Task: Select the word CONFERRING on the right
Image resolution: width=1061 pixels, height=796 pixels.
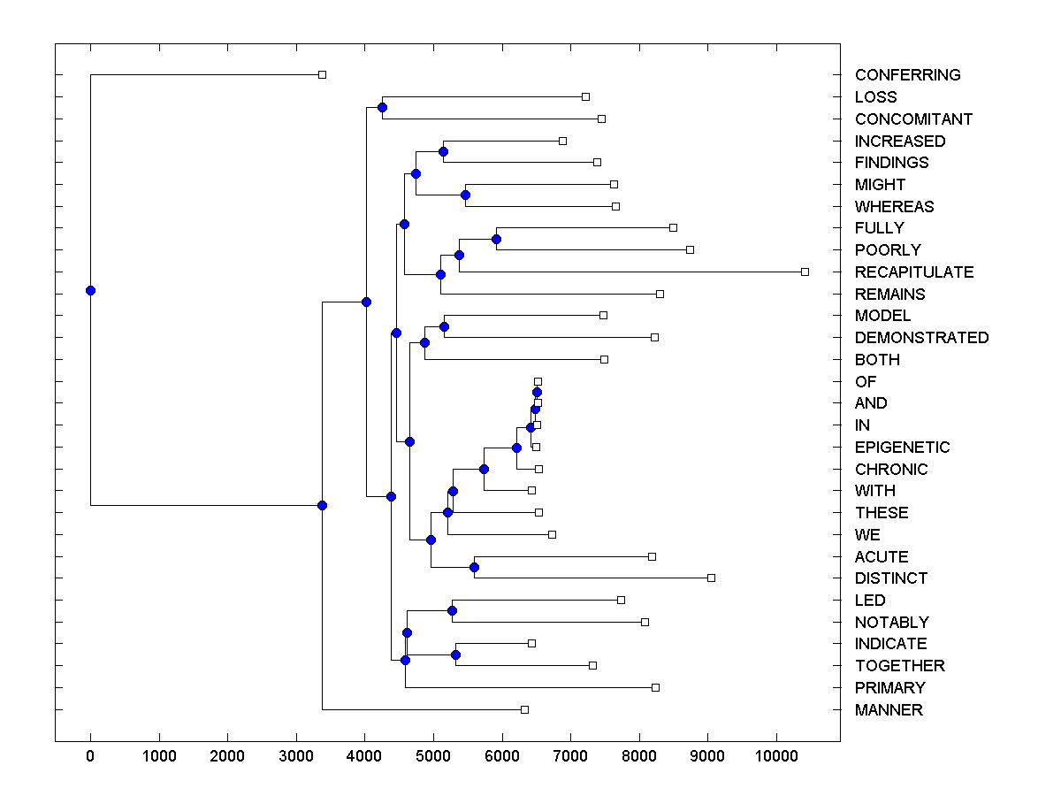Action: (x=907, y=75)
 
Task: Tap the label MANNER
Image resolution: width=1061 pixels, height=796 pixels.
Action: (x=888, y=710)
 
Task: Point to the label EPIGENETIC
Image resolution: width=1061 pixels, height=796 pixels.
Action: (x=902, y=448)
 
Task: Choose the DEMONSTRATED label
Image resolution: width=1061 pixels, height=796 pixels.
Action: (x=921, y=338)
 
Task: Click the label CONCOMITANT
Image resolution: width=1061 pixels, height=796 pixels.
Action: (x=913, y=119)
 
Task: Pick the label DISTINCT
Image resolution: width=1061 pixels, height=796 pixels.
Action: (x=890, y=578)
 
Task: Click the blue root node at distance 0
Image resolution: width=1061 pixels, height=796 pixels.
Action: (x=90, y=290)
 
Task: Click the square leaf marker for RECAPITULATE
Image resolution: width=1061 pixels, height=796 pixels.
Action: (x=805, y=272)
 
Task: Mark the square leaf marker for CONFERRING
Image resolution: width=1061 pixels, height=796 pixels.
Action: (x=322, y=74)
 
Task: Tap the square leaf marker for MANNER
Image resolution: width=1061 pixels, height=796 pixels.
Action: (x=524, y=709)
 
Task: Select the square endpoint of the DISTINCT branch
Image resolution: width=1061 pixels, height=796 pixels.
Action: (x=711, y=578)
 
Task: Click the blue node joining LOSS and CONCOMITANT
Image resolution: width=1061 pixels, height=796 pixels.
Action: (x=382, y=108)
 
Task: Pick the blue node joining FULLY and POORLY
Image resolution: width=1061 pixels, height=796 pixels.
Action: (x=496, y=239)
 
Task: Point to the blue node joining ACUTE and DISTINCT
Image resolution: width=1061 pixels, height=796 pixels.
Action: (x=474, y=567)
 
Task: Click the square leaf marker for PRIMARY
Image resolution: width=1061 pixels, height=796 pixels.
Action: (x=655, y=687)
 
